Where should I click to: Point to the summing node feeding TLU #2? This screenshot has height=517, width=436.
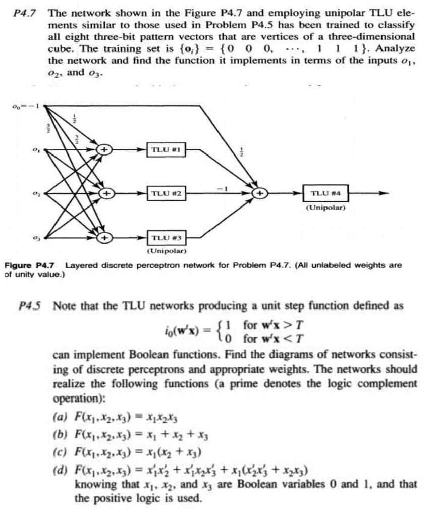106,193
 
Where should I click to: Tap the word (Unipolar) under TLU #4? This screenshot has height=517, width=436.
325,207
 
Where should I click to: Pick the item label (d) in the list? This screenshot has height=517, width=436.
59,473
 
